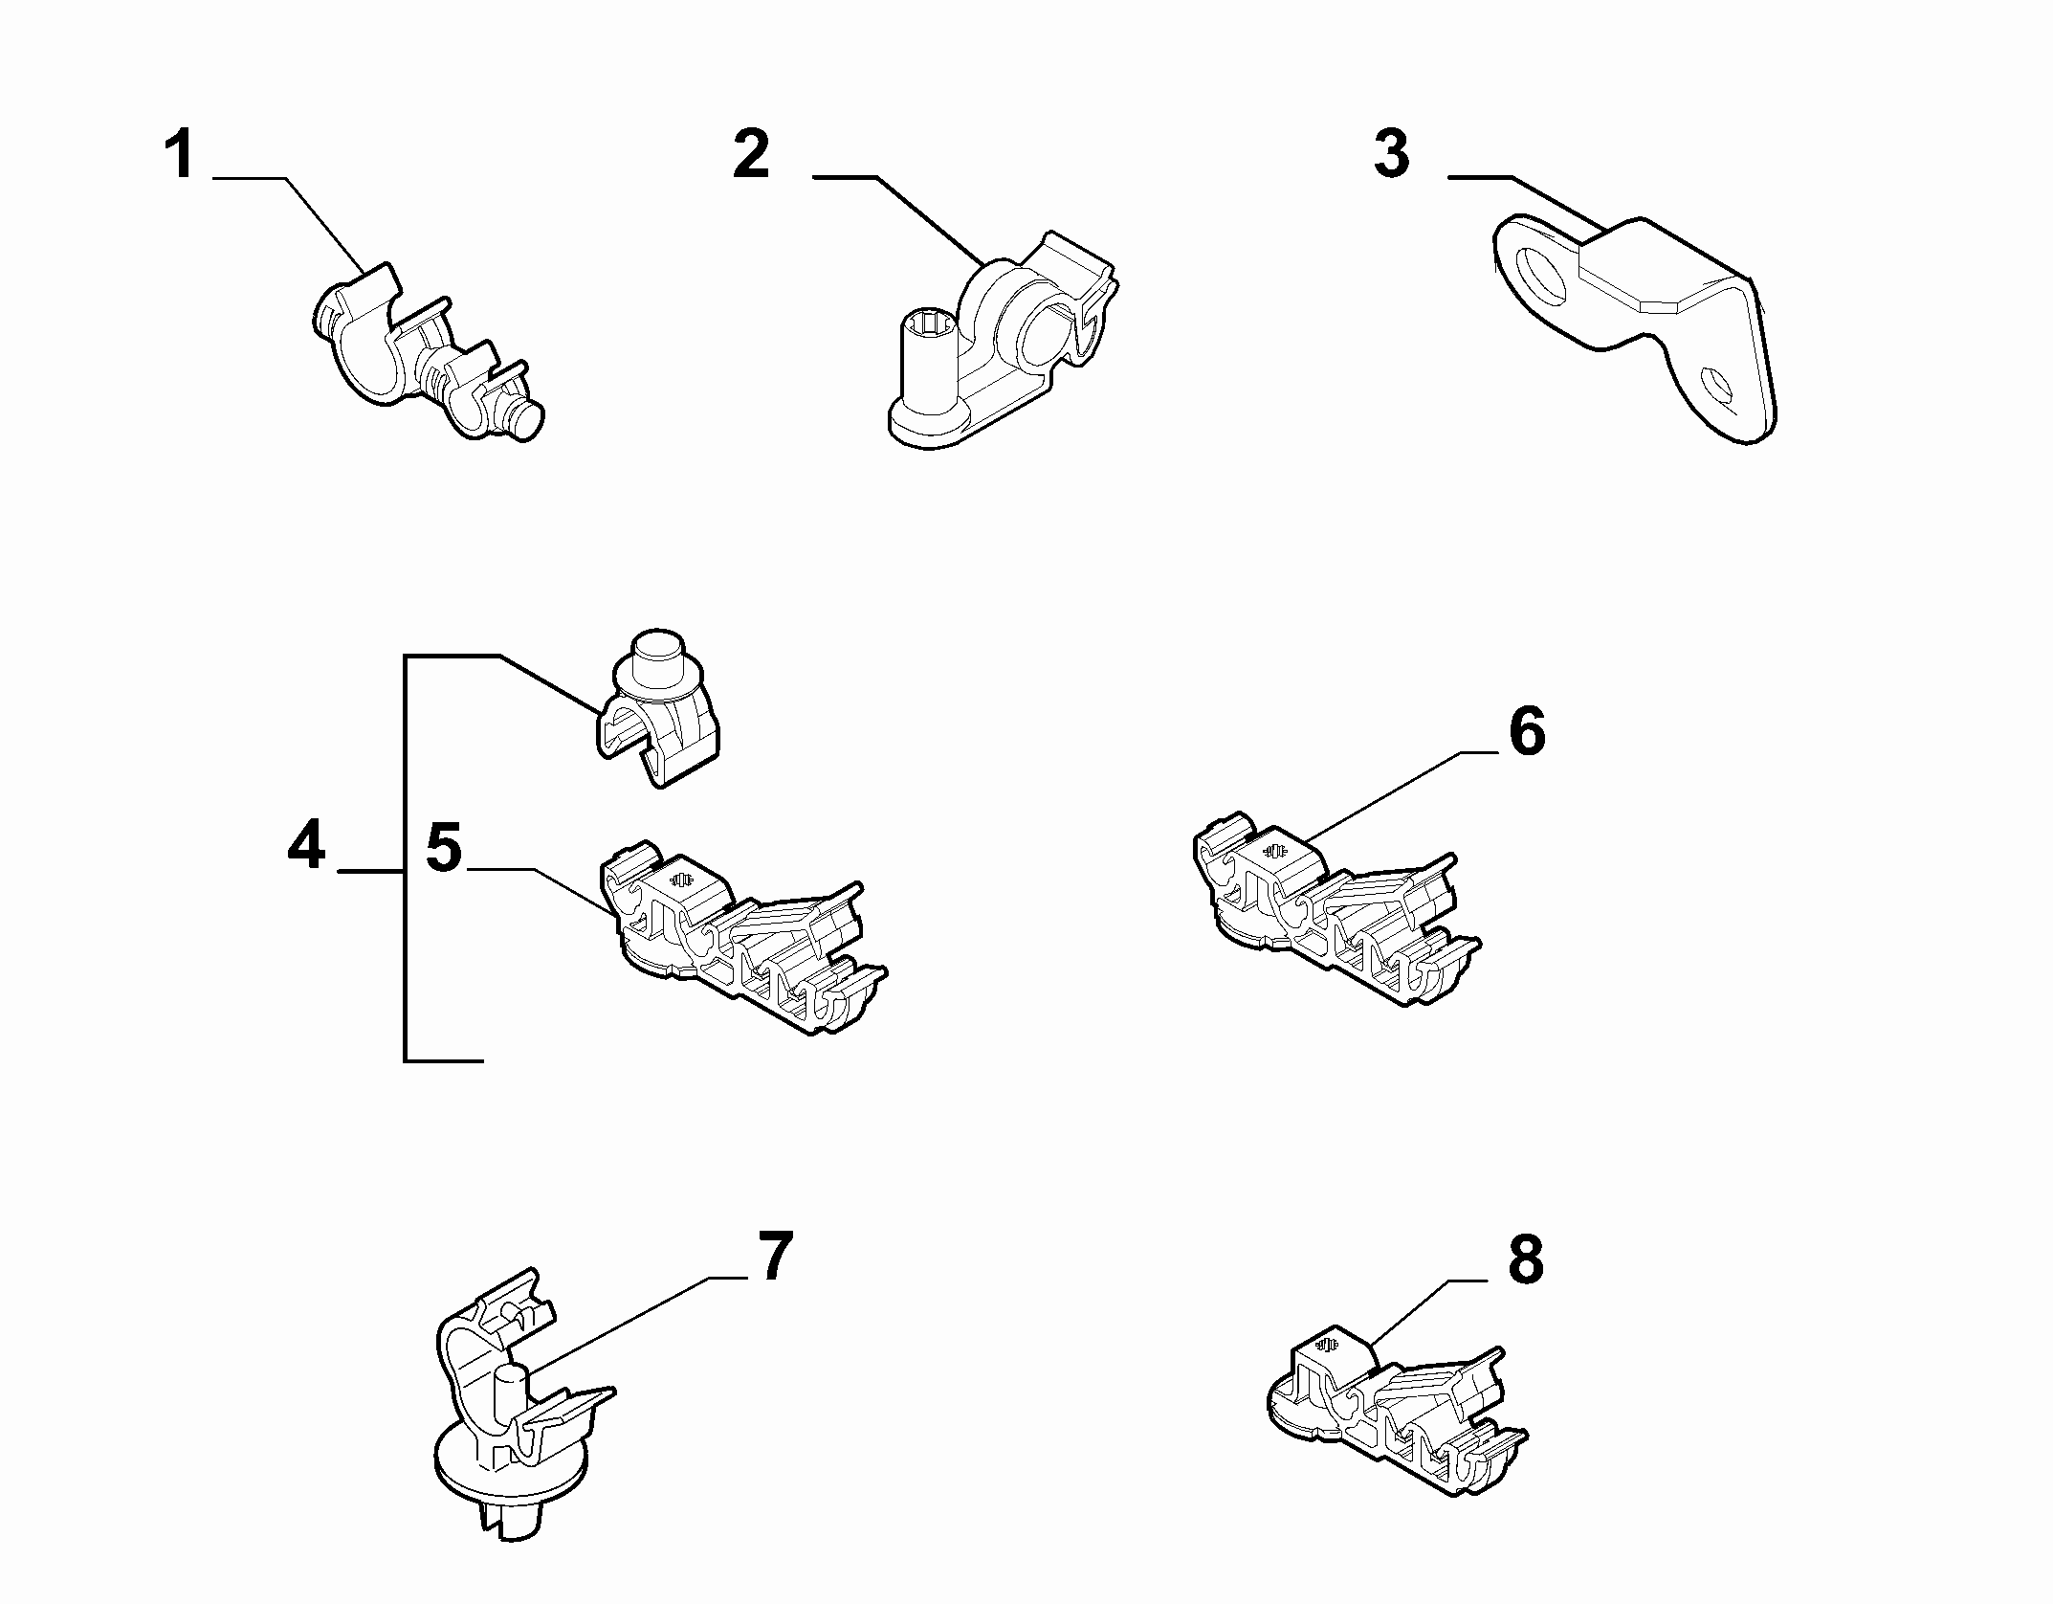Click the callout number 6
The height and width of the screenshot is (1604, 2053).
pyautogui.click(x=1527, y=733)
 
